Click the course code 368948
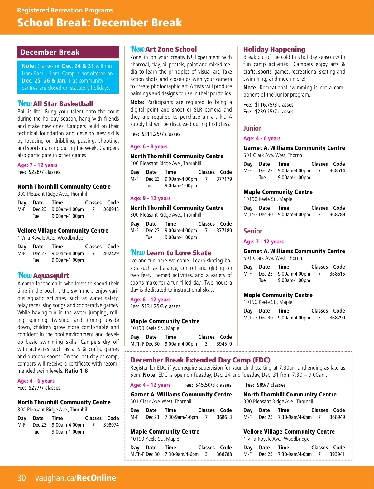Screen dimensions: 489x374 click(x=111, y=209)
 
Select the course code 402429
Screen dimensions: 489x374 click(x=111, y=254)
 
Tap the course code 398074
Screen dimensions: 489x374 click(x=111, y=425)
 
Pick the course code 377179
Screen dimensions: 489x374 click(x=224, y=179)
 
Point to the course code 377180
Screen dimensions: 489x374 click(x=224, y=231)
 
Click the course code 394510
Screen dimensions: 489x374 click(x=224, y=344)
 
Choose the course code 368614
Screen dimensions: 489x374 click(x=337, y=171)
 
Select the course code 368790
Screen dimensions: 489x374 click(x=337, y=318)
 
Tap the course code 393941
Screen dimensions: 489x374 click(x=337, y=454)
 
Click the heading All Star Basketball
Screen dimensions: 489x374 click(x=63, y=104)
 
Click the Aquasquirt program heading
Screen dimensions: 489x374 click(x=51, y=276)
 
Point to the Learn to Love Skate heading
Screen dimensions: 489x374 click(x=179, y=253)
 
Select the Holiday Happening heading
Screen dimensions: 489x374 click(x=274, y=49)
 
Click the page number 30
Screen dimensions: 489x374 click(x=22, y=478)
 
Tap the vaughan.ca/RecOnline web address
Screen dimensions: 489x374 click(x=76, y=478)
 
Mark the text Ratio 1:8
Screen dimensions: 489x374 click(x=76, y=371)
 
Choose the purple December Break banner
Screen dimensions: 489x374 click(x=68, y=52)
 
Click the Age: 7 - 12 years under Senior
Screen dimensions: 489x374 click(x=263, y=242)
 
